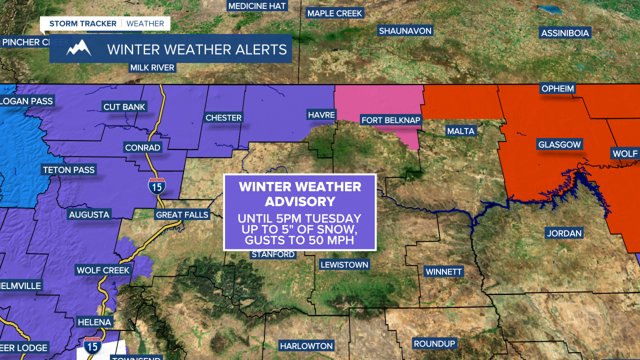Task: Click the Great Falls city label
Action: [x=182, y=214]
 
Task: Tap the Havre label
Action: [x=321, y=115]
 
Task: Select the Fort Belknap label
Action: [x=391, y=120]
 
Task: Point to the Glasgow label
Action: [x=559, y=144]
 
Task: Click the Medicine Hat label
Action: [x=257, y=6]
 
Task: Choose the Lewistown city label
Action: [x=344, y=264]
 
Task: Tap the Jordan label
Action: [x=564, y=233]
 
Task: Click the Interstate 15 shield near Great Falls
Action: [x=157, y=186]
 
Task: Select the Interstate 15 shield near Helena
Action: [x=93, y=345]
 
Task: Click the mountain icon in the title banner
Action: [x=79, y=48]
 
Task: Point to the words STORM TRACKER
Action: [x=82, y=23]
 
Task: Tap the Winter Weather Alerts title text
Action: [x=197, y=49]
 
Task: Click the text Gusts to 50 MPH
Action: [x=299, y=240]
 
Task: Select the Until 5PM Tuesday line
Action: [x=299, y=218]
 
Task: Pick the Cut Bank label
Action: [x=124, y=106]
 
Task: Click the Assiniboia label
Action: [x=565, y=33]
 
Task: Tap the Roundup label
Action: [x=434, y=343]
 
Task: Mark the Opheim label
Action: [x=557, y=89]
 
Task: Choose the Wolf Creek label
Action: [x=103, y=270]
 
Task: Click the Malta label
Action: [x=460, y=131]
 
